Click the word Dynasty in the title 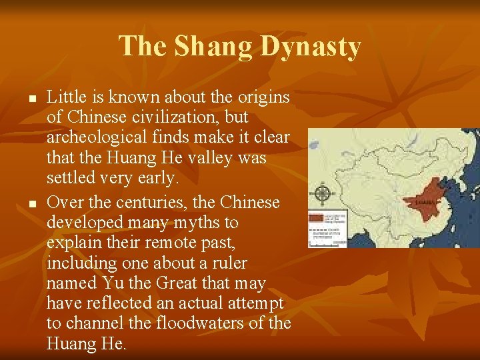pos(311,47)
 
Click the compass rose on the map pos(323,194)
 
